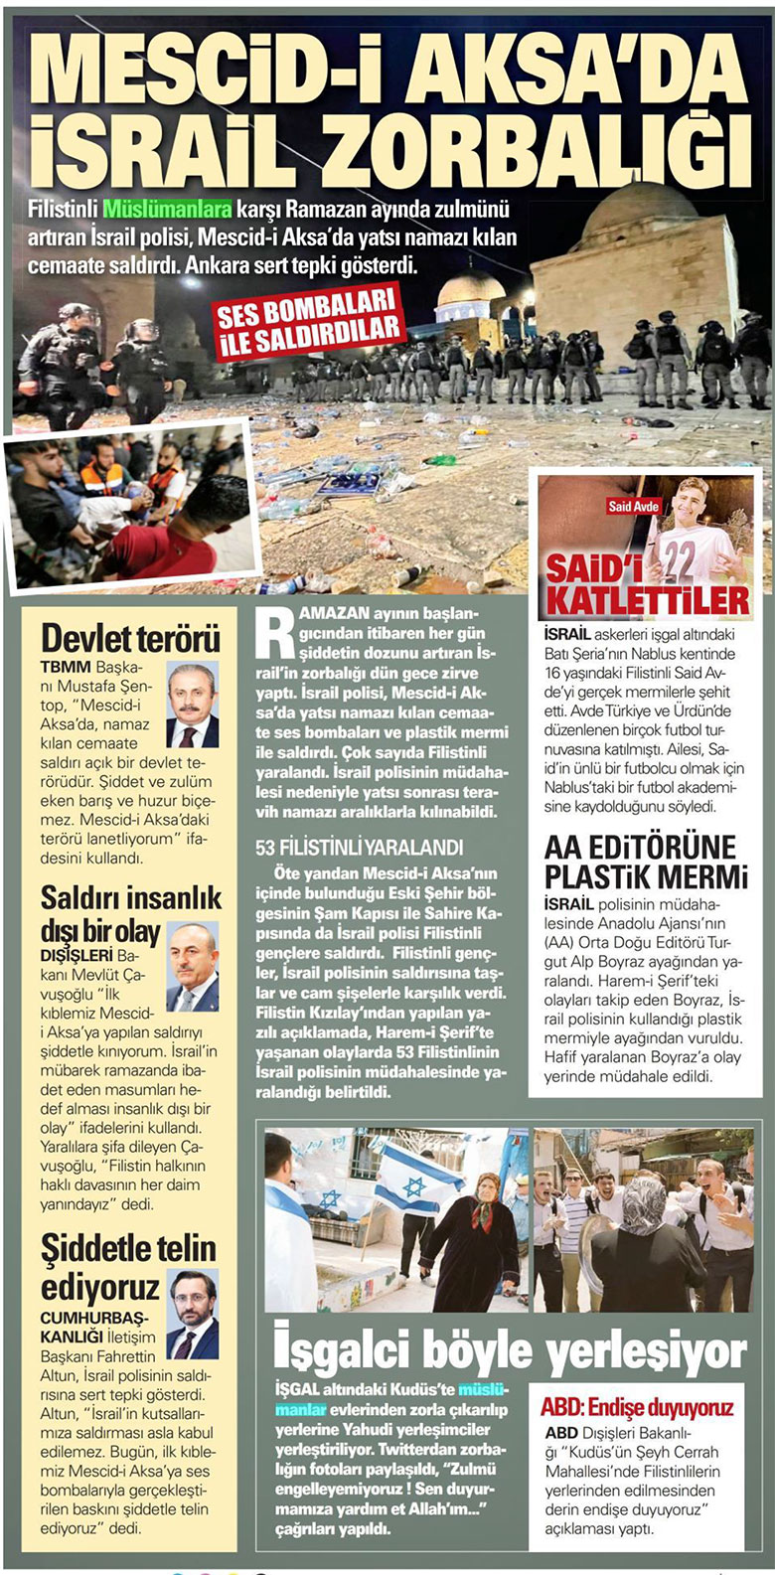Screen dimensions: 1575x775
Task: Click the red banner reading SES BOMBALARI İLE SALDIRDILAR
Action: tap(308, 321)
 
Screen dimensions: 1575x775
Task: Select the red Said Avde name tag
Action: tap(632, 507)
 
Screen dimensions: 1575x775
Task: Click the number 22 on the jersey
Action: tap(679, 558)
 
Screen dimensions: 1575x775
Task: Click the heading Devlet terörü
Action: tap(130, 638)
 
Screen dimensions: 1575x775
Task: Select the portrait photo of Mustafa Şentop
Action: tap(192, 706)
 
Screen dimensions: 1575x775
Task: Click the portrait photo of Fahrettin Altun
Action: tap(192, 1314)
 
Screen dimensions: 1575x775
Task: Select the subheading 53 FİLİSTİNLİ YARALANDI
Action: tap(359, 848)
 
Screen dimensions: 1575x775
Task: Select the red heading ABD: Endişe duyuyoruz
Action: tap(637, 1407)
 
